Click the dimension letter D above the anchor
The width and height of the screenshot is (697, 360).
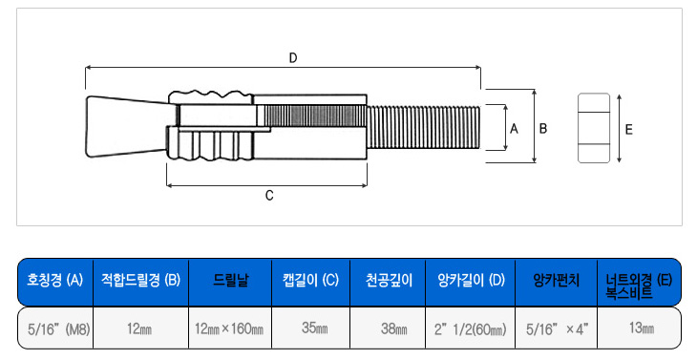click(x=293, y=58)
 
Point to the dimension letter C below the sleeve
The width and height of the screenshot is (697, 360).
click(x=269, y=196)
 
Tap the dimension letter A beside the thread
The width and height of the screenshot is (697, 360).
click(x=514, y=129)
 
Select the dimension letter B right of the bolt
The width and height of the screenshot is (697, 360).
click(x=543, y=129)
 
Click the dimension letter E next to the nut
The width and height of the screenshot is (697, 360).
click(x=628, y=129)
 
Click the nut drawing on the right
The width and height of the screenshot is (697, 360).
click(x=594, y=128)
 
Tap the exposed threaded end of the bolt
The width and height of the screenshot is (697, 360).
click(x=424, y=128)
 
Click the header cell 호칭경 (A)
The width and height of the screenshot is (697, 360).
click(x=55, y=281)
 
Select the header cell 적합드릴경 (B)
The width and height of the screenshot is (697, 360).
click(x=140, y=281)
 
